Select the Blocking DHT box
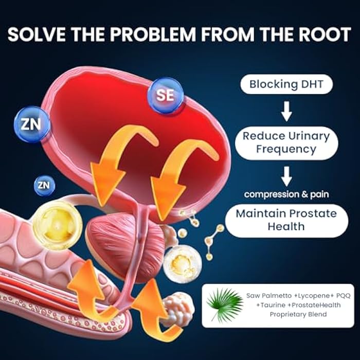point(286,84)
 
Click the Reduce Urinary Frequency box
point(286,142)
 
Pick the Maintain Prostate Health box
point(286,221)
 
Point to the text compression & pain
point(286,194)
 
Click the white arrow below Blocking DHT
point(286,111)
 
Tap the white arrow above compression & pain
point(286,176)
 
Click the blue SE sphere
point(165,95)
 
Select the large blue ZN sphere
point(32,124)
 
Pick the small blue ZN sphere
point(44,185)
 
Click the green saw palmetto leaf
point(225,305)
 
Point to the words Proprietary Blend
point(298,314)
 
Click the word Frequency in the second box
point(286,150)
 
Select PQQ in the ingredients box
point(343,296)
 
